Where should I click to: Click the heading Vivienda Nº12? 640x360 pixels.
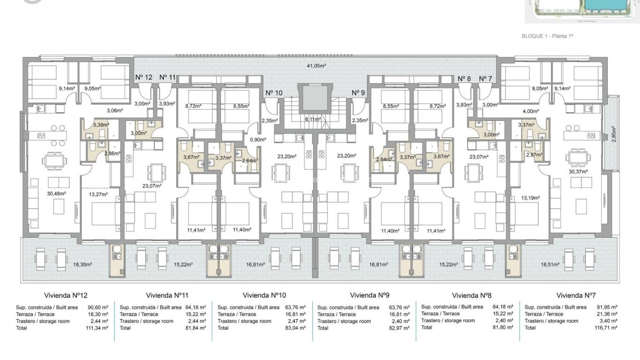[x=66, y=296]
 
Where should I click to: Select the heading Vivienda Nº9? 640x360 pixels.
[x=370, y=295]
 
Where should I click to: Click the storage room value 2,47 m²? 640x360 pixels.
[x=296, y=322]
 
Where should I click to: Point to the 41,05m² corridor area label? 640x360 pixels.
[x=316, y=66]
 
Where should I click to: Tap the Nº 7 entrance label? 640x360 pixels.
[x=485, y=79]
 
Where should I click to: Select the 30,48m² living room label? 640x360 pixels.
[x=56, y=193]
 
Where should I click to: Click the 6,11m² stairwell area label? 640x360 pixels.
[x=313, y=120]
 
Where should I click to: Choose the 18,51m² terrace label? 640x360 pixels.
[x=550, y=264]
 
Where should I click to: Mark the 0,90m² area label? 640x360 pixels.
[x=256, y=140]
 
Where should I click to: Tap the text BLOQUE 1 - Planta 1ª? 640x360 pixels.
[x=548, y=36]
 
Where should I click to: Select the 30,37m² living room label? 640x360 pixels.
[x=578, y=172]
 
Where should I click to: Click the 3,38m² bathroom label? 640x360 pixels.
[x=101, y=125]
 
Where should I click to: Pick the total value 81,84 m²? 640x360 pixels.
[x=196, y=328]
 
